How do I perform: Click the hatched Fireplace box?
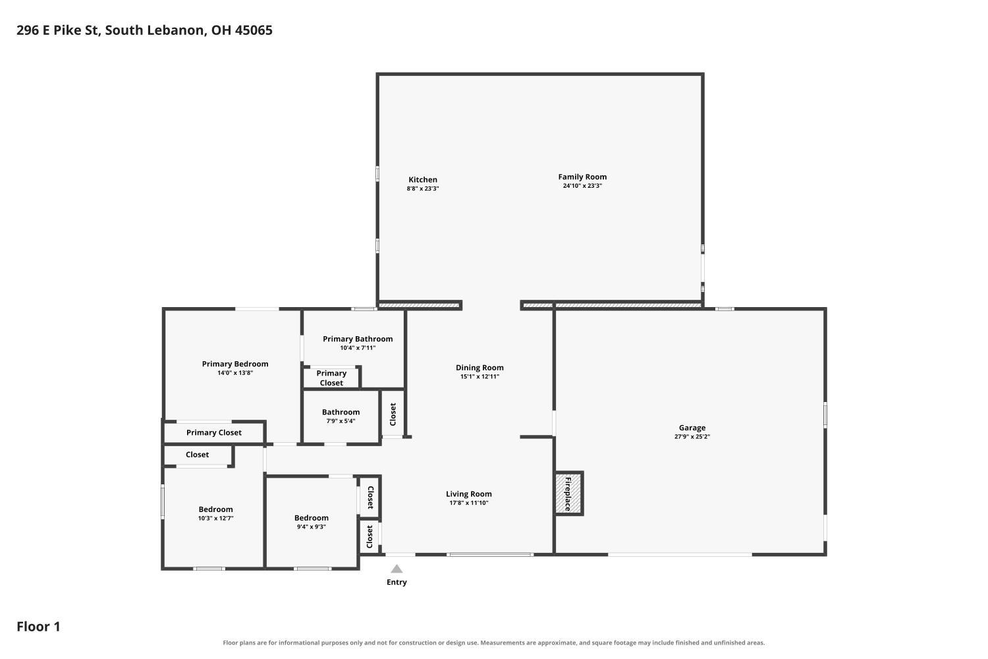[569, 493]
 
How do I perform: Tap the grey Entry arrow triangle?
[397, 569]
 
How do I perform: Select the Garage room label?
[692, 427]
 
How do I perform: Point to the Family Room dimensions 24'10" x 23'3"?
[582, 186]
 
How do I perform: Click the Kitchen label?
[423, 179]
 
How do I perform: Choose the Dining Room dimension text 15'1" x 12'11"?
[480, 376]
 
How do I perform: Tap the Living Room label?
[468, 494]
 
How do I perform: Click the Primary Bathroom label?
[358, 339]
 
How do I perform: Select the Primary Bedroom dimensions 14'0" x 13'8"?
[235, 372]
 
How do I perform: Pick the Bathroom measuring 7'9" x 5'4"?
[341, 416]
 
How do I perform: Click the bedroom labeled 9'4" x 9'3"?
[312, 522]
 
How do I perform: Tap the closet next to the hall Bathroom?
[393, 414]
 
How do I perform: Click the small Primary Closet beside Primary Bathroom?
[331, 378]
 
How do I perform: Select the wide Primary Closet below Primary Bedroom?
[214, 432]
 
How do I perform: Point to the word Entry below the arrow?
[397, 582]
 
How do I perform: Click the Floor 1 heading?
[38, 626]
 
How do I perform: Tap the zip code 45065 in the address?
[254, 30]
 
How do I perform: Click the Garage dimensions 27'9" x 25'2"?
[692, 436]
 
